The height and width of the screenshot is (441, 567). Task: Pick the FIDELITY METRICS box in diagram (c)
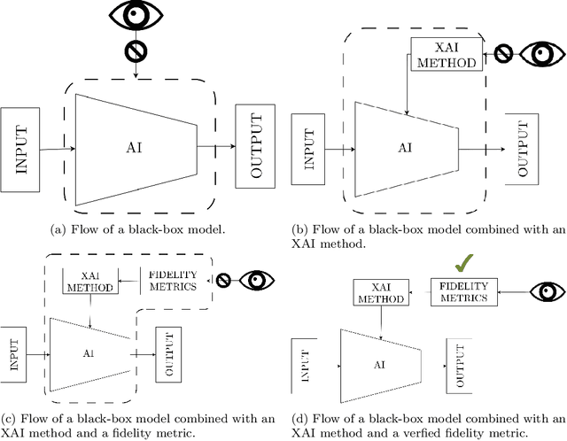click(176, 280)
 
